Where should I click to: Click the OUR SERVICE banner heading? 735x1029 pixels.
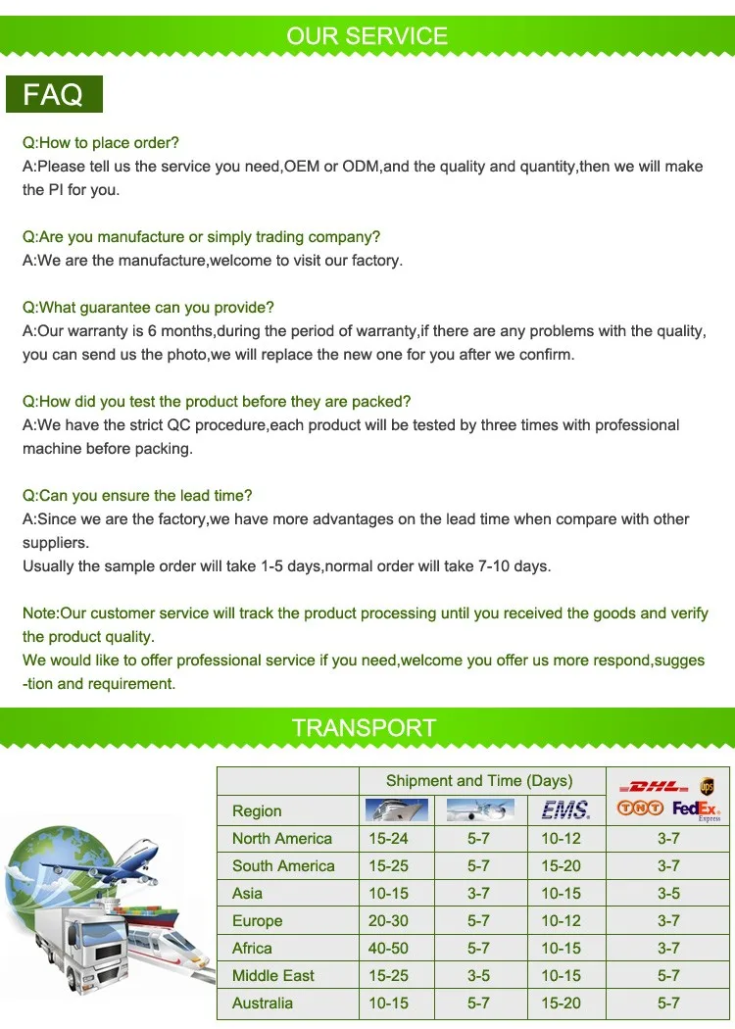(367, 36)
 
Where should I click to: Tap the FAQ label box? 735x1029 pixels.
(54, 95)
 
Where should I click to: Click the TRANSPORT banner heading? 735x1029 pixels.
(364, 727)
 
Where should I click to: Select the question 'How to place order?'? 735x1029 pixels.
(101, 143)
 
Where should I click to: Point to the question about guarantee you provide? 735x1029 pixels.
(148, 308)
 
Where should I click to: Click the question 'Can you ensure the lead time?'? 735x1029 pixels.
(137, 496)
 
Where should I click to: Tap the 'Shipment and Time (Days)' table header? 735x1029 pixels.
(479, 781)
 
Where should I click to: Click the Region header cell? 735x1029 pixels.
(257, 810)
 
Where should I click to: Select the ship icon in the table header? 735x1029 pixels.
(396, 809)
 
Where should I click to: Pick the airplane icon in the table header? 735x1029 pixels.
(479, 809)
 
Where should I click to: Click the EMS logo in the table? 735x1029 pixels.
(565, 809)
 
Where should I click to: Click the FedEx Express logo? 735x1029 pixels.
(697, 809)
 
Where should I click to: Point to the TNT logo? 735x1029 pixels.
(640, 808)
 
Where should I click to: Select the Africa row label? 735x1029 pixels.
(252, 948)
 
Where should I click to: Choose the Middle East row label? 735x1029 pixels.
(273, 975)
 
